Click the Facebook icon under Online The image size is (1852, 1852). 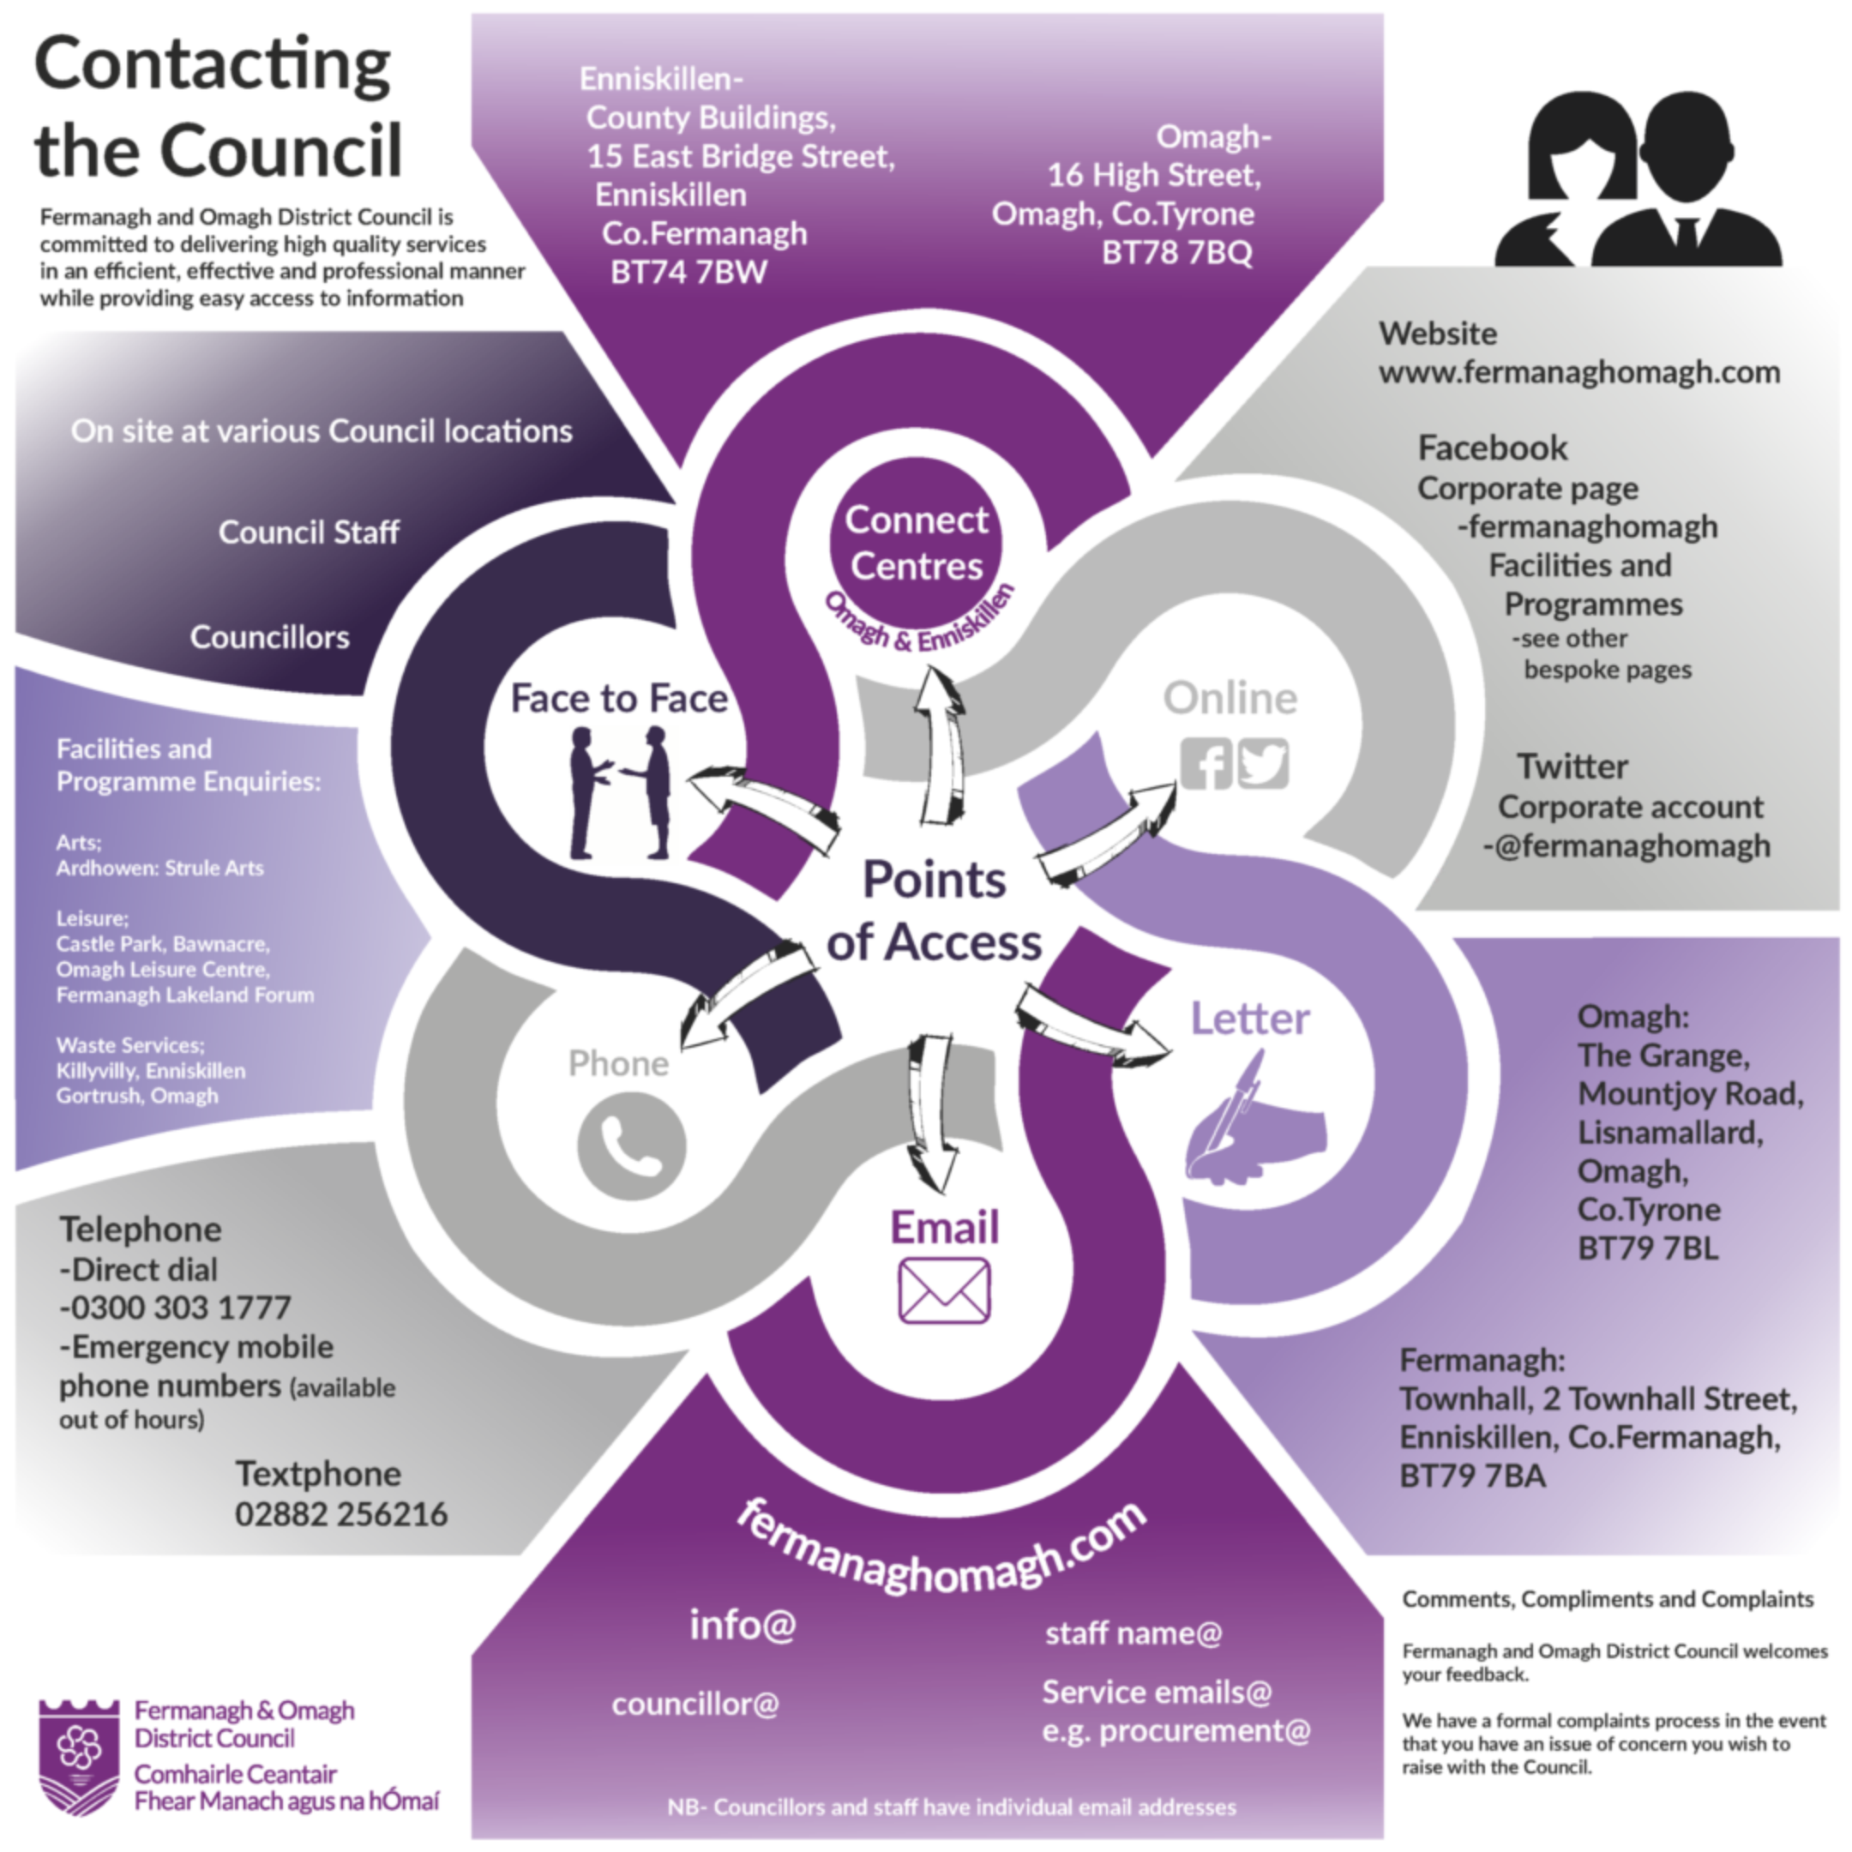click(1205, 763)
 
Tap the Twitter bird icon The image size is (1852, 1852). click(1264, 763)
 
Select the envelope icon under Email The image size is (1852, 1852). click(944, 1290)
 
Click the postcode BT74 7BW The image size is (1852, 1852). click(688, 273)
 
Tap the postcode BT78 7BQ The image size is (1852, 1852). click(1176, 252)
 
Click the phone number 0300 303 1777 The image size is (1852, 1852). click(176, 1308)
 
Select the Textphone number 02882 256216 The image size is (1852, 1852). click(340, 1513)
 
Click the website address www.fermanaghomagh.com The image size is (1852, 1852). click(1578, 372)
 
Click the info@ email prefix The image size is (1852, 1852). click(743, 1625)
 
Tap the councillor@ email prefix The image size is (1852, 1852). click(695, 1704)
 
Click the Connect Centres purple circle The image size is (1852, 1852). click(916, 543)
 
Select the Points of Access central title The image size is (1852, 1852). click(934, 911)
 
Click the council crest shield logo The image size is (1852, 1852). click(80, 1756)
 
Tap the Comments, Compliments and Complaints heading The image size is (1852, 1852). click(1608, 1599)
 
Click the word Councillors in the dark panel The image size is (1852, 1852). click(269, 637)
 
